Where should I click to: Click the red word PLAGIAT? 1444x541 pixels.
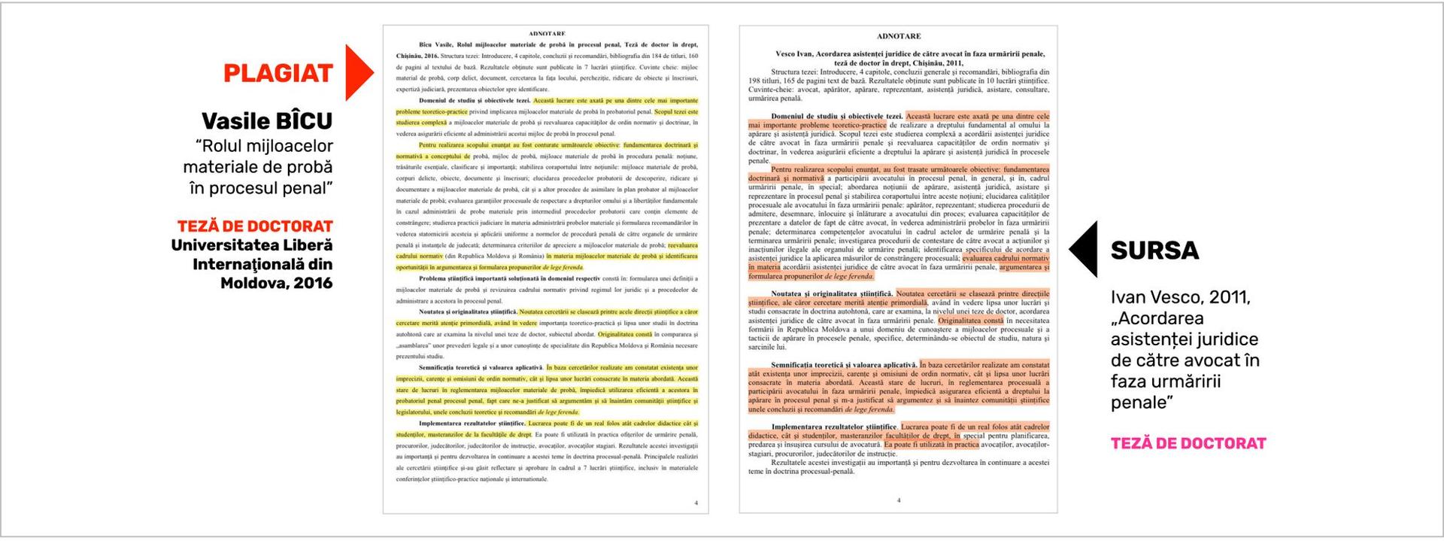[278, 73]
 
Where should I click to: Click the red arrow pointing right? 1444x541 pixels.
[358, 72]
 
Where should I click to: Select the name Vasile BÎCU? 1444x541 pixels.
[266, 121]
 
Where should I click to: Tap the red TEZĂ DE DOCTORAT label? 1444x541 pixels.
[255, 226]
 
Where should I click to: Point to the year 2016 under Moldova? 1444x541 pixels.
[314, 284]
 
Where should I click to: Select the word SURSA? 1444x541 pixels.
[1154, 251]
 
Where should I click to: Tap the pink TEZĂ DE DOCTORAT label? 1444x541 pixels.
[1188, 443]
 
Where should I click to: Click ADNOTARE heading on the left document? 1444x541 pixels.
[547, 34]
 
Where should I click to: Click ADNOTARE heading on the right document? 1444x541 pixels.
[899, 36]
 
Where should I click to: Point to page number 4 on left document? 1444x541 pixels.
[696, 503]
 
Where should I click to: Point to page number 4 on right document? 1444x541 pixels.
[899, 500]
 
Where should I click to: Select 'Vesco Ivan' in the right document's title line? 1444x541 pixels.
[793, 54]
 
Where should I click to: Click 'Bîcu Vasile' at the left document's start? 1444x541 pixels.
[435, 45]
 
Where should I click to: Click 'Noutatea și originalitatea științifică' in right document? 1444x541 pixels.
[832, 293]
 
